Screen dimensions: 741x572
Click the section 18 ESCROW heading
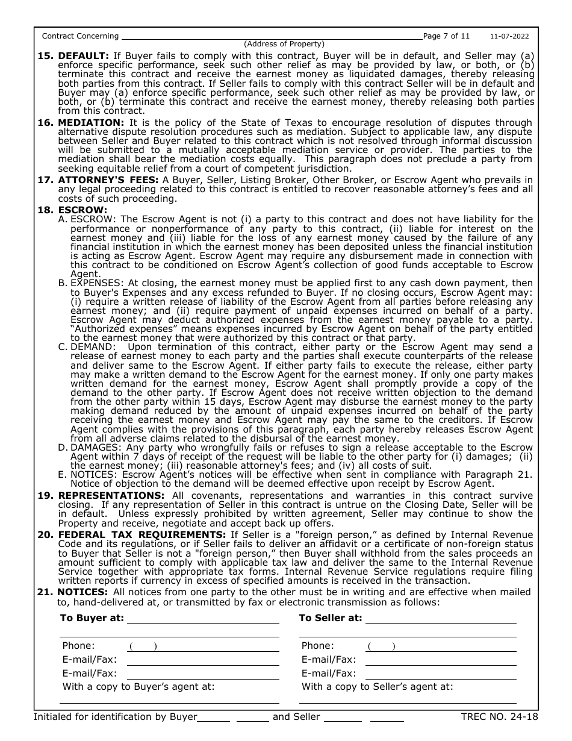(x=82, y=210)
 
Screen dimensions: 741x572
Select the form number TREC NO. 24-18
(x=499, y=716)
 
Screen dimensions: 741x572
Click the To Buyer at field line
(x=203, y=618)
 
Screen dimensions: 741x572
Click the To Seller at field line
(x=441, y=618)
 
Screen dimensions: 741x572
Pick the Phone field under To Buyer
(x=203, y=646)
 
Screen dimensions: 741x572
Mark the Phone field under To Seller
(x=441, y=646)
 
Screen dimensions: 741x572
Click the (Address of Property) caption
(x=284, y=44)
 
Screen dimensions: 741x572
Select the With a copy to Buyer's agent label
(x=138, y=686)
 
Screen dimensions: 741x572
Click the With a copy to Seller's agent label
(x=378, y=686)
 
